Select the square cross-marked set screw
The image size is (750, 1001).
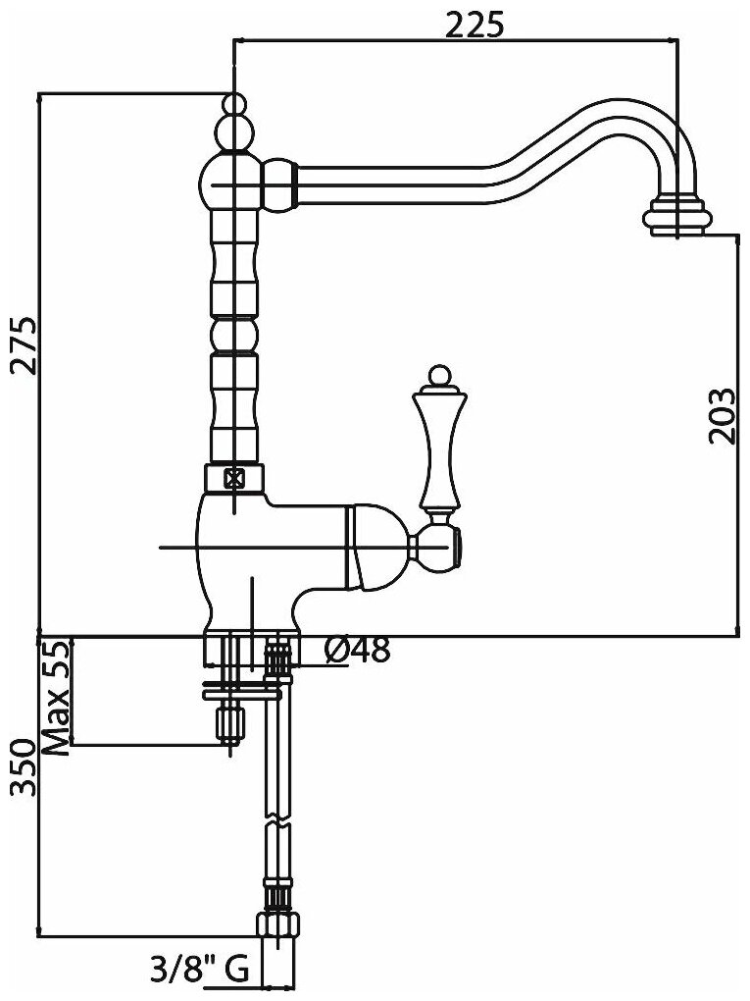click(234, 479)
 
